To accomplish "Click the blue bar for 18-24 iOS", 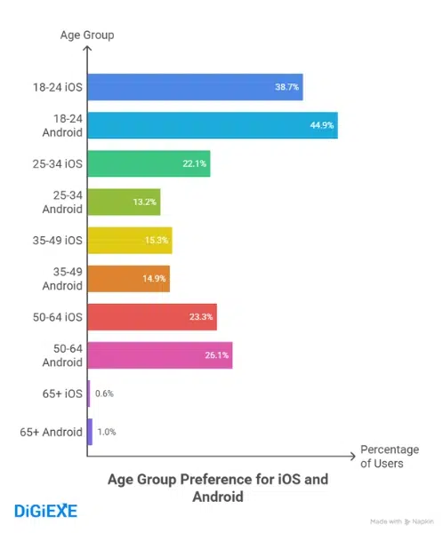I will point(196,88).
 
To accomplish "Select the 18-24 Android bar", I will point(213,125).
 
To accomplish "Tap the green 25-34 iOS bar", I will point(149,163).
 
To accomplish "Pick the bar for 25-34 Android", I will point(124,202).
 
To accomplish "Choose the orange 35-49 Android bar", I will point(128,278).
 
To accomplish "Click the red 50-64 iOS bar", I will point(152,316).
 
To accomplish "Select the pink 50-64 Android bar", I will point(160,354).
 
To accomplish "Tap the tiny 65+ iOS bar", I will point(89,393).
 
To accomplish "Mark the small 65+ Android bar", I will point(90,431).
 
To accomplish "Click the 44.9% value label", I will point(321,125).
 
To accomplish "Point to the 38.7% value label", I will point(287,88).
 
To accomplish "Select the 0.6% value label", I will point(104,393).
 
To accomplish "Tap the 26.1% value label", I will point(217,354).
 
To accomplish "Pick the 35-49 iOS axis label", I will point(57,240).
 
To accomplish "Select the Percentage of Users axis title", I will point(382,456).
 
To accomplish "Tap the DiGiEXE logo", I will point(46,510).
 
